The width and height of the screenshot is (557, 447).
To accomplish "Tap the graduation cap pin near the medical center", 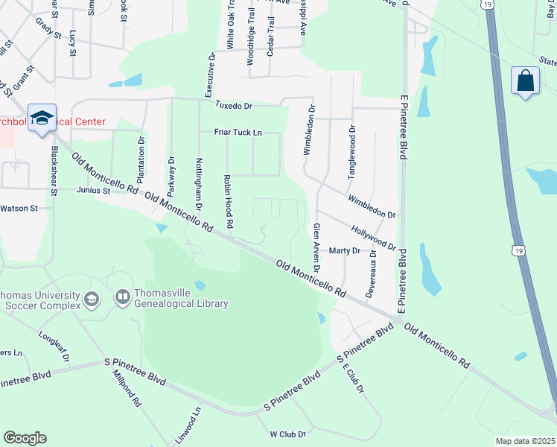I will tap(42, 118).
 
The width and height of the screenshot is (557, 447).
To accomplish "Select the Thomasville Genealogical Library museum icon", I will tap(121, 297).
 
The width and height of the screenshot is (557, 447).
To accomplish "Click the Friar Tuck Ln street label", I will tap(238, 132).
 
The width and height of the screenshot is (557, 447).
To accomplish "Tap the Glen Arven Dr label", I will tap(316, 247).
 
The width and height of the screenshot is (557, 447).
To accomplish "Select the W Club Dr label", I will tap(288, 433).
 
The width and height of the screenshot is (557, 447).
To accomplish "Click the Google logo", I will tap(25, 438).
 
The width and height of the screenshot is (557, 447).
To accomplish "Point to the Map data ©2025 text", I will tap(525, 441).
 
